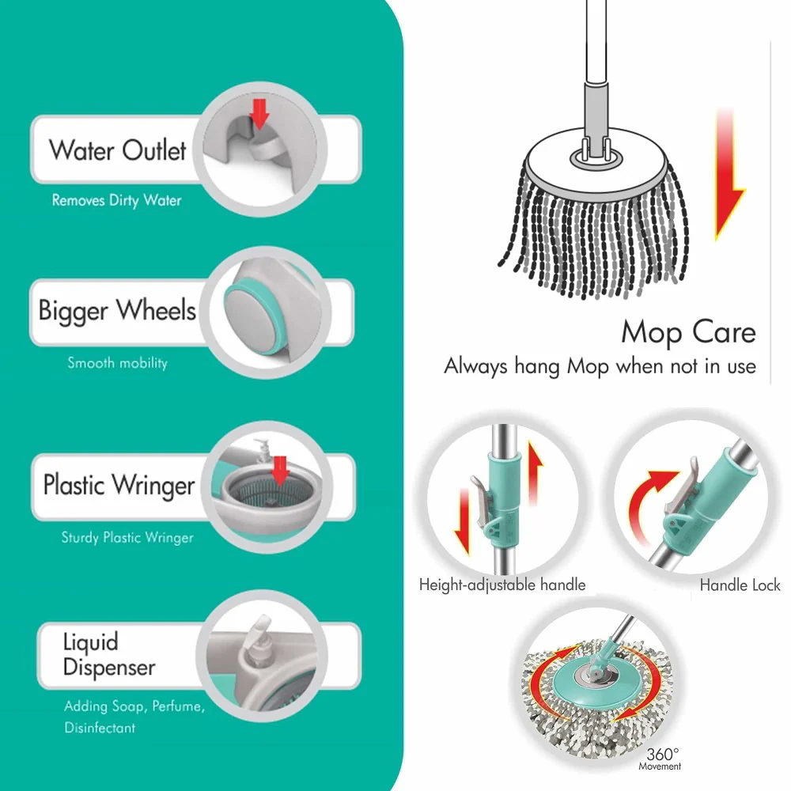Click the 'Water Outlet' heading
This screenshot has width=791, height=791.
pos(118,150)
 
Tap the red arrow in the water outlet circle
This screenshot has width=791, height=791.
pos(259,113)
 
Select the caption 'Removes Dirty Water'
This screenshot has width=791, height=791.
pos(116,200)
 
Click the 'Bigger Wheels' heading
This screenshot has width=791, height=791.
pos(117,310)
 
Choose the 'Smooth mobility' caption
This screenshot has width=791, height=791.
pos(118,363)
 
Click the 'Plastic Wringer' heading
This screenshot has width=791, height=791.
pos(119,486)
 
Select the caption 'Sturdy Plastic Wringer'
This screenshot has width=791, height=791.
pos(127,537)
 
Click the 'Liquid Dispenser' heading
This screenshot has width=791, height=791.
pos(109,654)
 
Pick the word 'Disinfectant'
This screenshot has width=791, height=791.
pos(100,728)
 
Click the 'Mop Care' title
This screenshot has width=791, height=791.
pos(688,333)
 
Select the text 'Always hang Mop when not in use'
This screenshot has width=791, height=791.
pos(600,366)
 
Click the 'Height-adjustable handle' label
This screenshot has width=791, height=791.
pos(502,585)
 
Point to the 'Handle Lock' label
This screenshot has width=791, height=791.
pos(740,585)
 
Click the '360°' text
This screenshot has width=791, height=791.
pos(662,754)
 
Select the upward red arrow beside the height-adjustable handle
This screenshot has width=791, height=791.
pos(535,471)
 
